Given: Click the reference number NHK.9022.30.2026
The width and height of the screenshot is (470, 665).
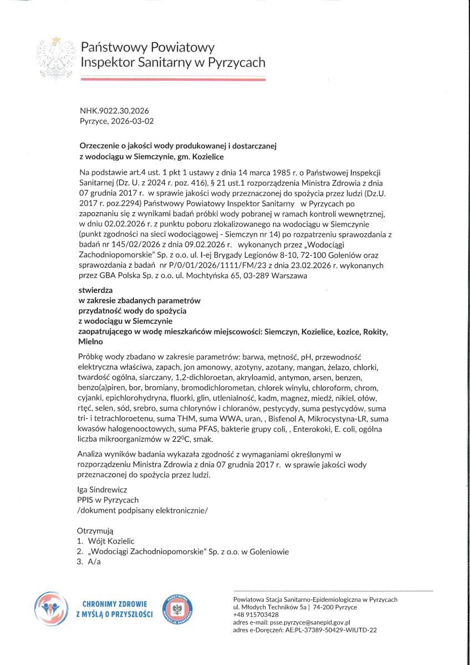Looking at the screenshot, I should [x=114, y=111].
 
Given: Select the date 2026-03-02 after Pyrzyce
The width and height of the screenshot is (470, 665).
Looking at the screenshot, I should [x=134, y=121].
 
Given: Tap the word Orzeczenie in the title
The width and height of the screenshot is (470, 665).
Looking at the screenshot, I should [x=101, y=146].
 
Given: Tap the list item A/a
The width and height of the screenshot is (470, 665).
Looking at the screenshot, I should [x=95, y=561].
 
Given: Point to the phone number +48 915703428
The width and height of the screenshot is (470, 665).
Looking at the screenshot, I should [x=256, y=615].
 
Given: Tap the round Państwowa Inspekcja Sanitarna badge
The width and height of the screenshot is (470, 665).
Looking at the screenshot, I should [x=179, y=609].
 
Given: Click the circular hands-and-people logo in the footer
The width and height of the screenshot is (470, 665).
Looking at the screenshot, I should [x=52, y=609].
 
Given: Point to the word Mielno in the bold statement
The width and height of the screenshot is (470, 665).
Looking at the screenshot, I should [x=91, y=342].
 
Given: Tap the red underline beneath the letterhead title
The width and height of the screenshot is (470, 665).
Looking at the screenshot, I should [x=172, y=79].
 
